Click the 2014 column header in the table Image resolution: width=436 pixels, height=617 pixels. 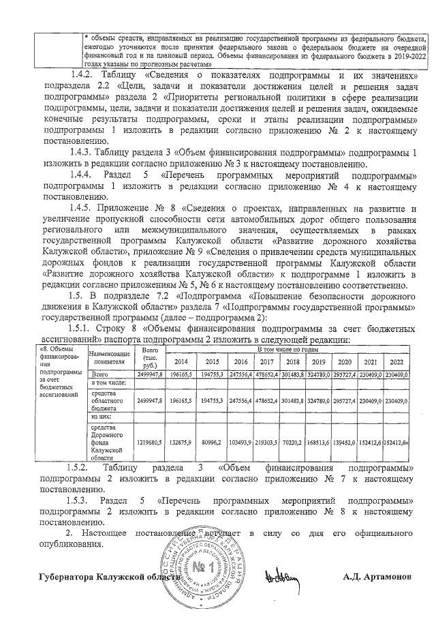[x=181, y=361]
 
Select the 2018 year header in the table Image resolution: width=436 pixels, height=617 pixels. [x=294, y=361]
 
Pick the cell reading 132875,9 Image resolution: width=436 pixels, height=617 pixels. [x=181, y=442]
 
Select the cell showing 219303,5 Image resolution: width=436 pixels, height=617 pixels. [x=266, y=442]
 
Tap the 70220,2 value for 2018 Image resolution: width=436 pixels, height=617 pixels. [x=294, y=442]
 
